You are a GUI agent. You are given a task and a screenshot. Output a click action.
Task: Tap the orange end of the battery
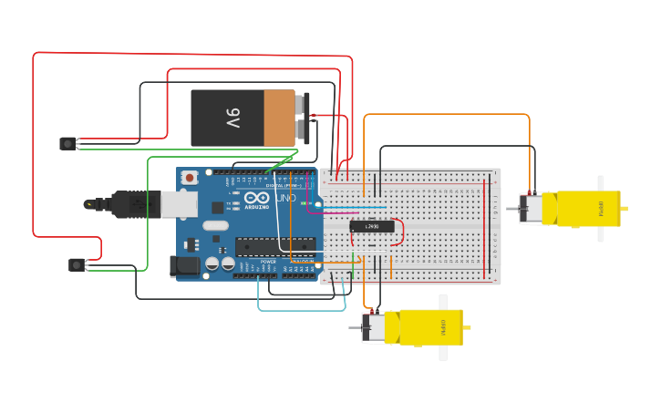point(279,118)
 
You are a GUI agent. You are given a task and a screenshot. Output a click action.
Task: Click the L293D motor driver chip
point(372,226)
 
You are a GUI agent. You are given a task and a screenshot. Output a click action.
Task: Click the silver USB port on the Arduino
point(179,204)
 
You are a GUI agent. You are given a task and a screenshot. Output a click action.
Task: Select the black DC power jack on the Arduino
point(184,266)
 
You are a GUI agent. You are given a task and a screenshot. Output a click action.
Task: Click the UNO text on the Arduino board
point(285,198)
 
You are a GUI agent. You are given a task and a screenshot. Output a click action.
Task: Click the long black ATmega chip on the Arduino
point(274,245)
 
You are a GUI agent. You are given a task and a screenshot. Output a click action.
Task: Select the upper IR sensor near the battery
point(67,143)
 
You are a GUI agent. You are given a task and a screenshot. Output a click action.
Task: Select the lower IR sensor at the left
point(77,264)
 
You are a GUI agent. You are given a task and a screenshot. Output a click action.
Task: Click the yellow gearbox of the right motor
point(588,208)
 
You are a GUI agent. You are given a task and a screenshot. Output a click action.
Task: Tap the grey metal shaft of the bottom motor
point(355,328)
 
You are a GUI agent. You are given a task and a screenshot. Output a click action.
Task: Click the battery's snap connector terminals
point(303,118)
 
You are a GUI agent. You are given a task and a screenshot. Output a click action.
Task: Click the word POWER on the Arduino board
point(268,262)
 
